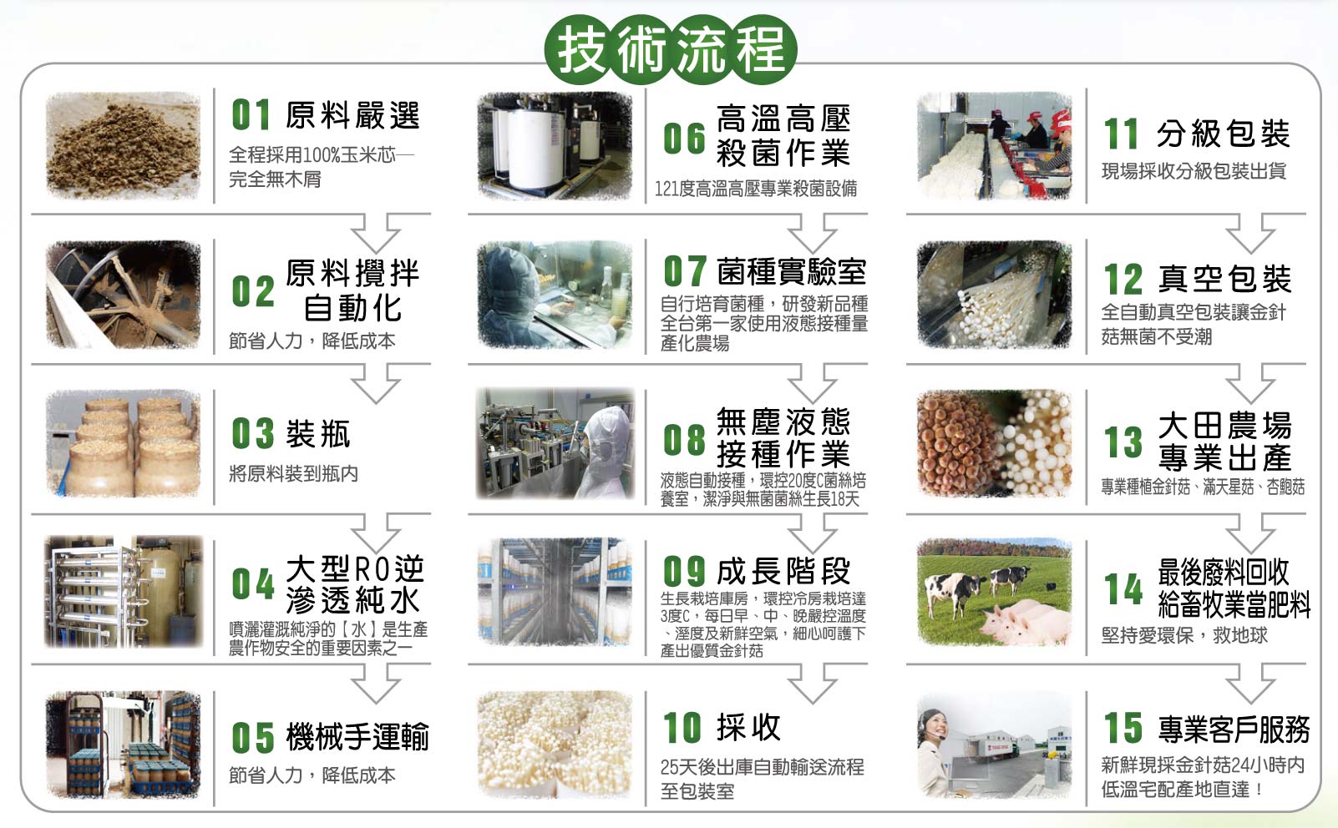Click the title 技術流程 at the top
click(671, 49)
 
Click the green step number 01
click(251, 114)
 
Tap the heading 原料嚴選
click(353, 114)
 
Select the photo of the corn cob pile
click(123, 146)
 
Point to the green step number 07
click(685, 270)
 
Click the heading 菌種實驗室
click(792, 271)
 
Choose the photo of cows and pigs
click(995, 592)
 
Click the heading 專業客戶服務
click(1234, 729)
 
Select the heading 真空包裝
click(1225, 278)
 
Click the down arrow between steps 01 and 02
click(376, 232)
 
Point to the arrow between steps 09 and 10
click(812, 683)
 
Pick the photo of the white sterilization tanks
click(555, 146)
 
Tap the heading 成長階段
click(783, 571)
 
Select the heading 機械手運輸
click(357, 736)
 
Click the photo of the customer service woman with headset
click(995, 745)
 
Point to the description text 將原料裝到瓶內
click(293, 473)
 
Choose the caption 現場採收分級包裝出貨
click(1194, 171)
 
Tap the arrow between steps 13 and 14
click(1250, 533)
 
